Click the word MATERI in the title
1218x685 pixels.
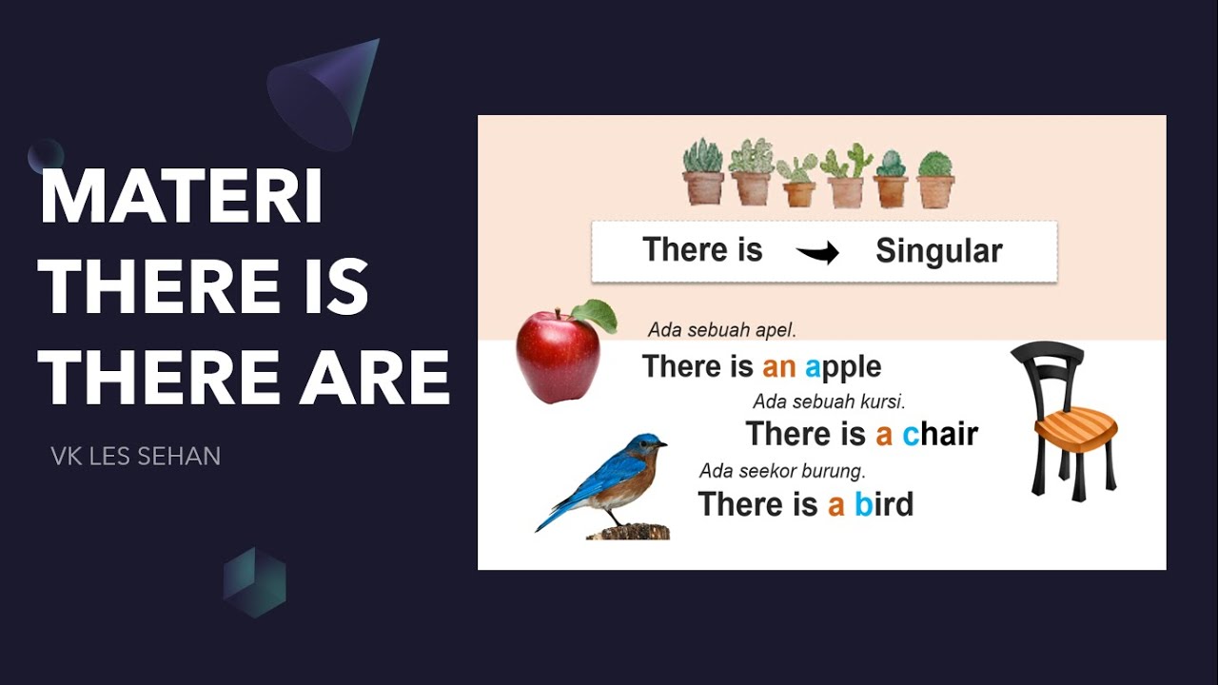click(181, 197)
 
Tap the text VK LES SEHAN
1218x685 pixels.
click(135, 457)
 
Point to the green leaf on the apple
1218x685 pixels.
click(596, 315)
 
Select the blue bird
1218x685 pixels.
click(609, 480)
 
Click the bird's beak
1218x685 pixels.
click(662, 443)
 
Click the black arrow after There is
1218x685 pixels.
click(817, 253)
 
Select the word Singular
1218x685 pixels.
click(938, 251)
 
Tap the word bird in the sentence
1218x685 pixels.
click(883, 504)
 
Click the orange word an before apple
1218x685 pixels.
click(778, 367)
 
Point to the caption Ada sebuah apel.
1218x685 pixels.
click(721, 330)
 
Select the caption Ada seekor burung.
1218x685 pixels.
click(782, 471)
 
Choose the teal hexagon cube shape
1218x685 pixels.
click(254, 581)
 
